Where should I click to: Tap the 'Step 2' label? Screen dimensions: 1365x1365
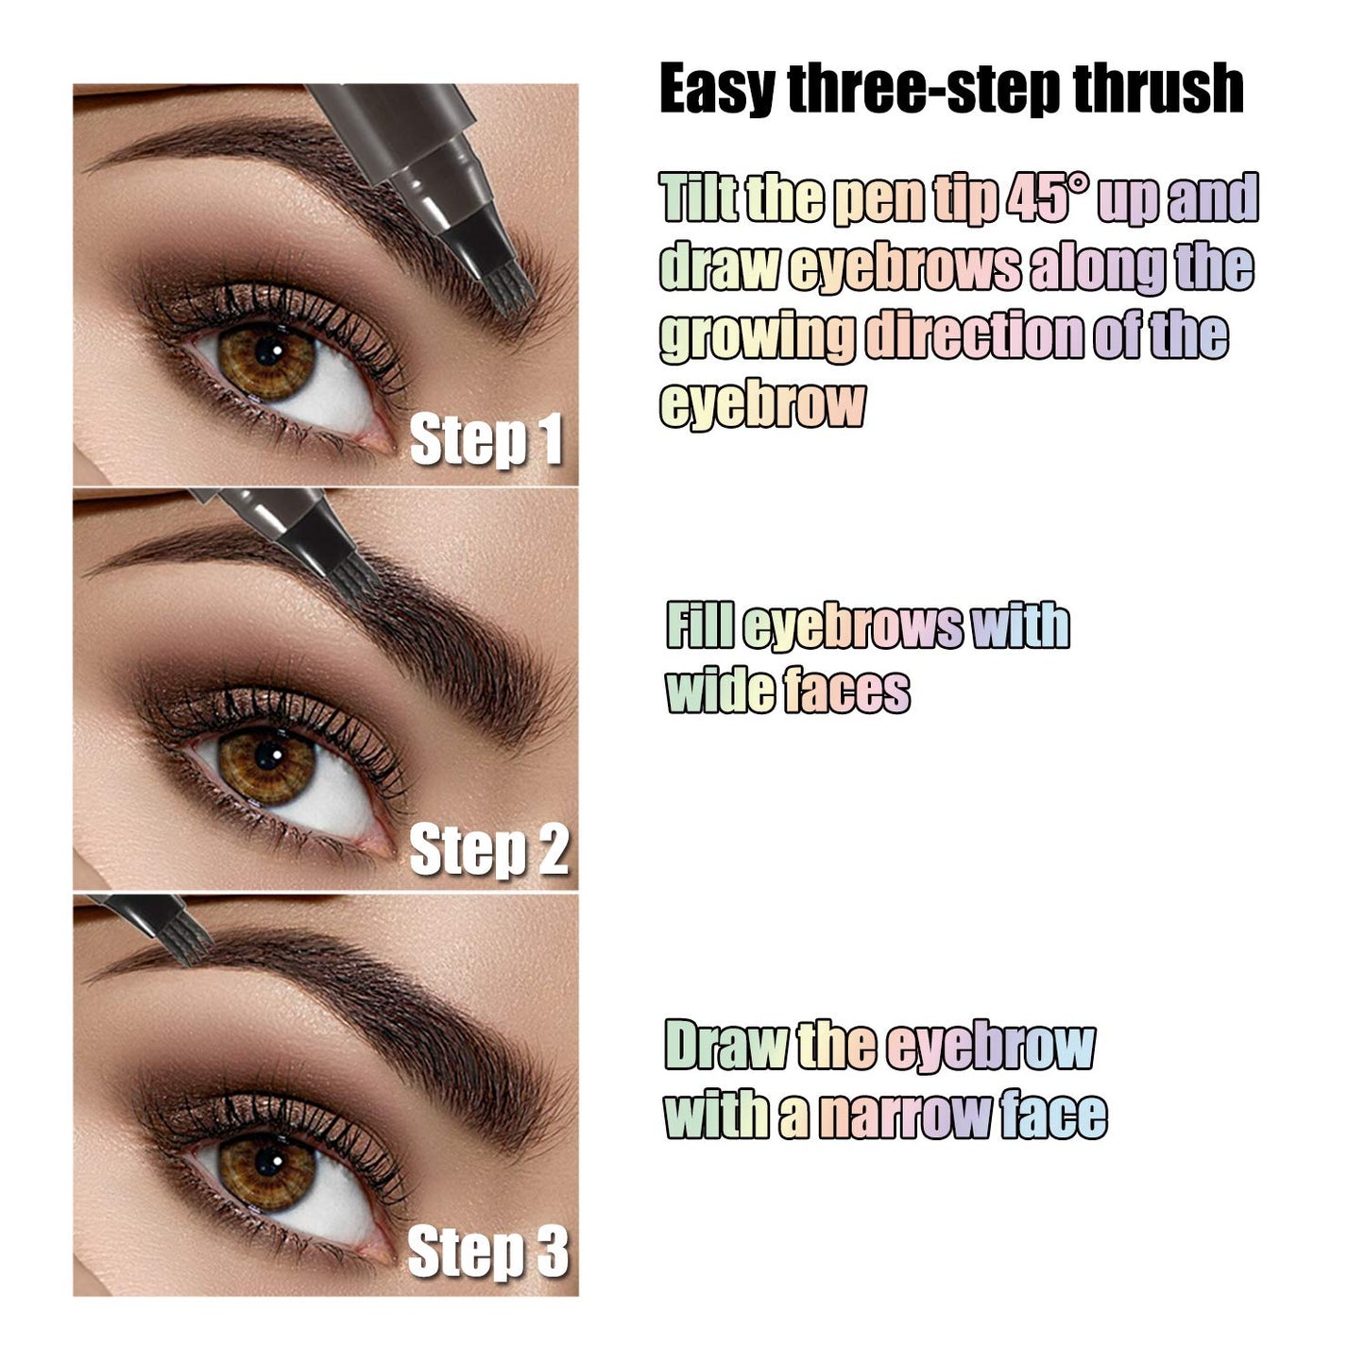coord(488,849)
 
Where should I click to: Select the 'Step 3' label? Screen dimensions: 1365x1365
coord(488,1253)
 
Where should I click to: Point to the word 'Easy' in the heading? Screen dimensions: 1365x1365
coord(718,90)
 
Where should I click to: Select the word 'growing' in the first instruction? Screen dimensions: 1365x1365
coord(758,337)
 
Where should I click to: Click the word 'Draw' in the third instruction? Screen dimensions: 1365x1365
coord(725,1047)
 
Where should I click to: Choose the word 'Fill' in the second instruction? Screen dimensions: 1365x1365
coord(700,626)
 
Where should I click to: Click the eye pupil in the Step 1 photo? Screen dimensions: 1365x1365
coord(270,353)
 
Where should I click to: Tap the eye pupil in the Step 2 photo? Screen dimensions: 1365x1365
coord(269,753)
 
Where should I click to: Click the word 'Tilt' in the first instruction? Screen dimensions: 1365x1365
coord(699,198)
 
